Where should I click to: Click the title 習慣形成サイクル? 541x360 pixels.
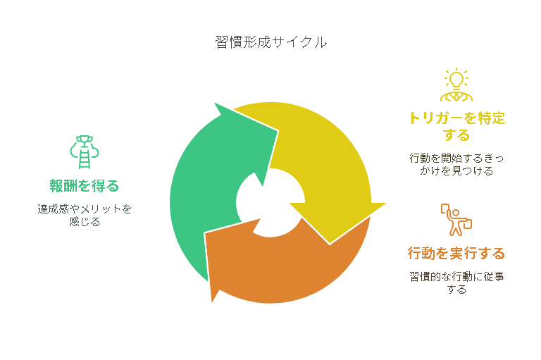270,42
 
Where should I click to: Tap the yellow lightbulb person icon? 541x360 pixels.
456,85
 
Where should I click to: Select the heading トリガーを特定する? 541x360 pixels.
456,126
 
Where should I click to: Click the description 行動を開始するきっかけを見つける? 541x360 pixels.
456,165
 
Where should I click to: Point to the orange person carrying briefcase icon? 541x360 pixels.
456,220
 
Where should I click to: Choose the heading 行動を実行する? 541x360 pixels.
456,254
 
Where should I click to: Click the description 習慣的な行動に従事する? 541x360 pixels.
456,283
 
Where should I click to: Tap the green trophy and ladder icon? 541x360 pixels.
85,152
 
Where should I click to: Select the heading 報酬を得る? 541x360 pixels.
85,186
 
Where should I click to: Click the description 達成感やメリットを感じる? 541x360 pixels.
85,215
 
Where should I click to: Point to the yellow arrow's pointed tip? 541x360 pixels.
330,244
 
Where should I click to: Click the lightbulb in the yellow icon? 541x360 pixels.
456,80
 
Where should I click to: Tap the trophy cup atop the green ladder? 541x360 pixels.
85,140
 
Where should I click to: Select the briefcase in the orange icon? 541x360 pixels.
466,223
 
